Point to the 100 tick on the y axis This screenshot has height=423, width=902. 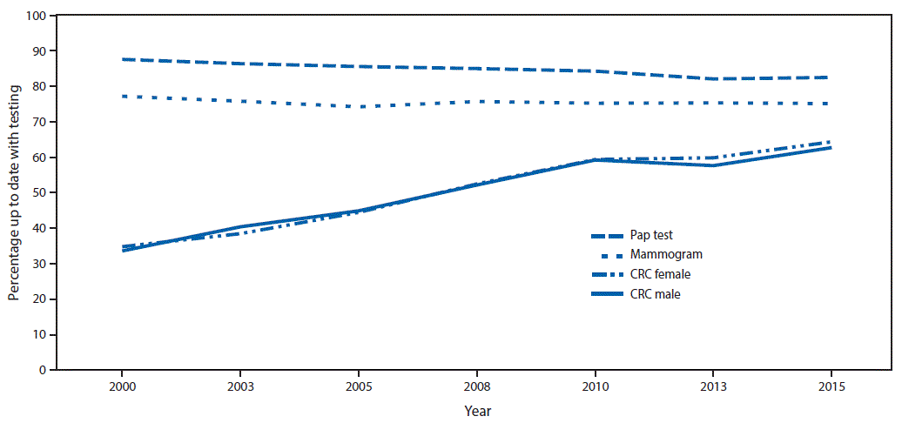(x=37, y=16)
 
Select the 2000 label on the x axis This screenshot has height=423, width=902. (x=121, y=386)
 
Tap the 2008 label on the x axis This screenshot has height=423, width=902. (x=475, y=386)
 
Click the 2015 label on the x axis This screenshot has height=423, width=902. (x=831, y=386)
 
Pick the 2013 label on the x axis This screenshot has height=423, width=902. (x=712, y=386)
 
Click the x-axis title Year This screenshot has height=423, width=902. (x=476, y=409)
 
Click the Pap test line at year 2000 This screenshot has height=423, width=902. (x=122, y=59)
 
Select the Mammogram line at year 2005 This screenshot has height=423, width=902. (x=358, y=107)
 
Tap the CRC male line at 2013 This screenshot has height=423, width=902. (x=712, y=165)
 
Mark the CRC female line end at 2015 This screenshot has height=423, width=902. (x=831, y=142)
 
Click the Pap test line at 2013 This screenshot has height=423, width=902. (x=712, y=79)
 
